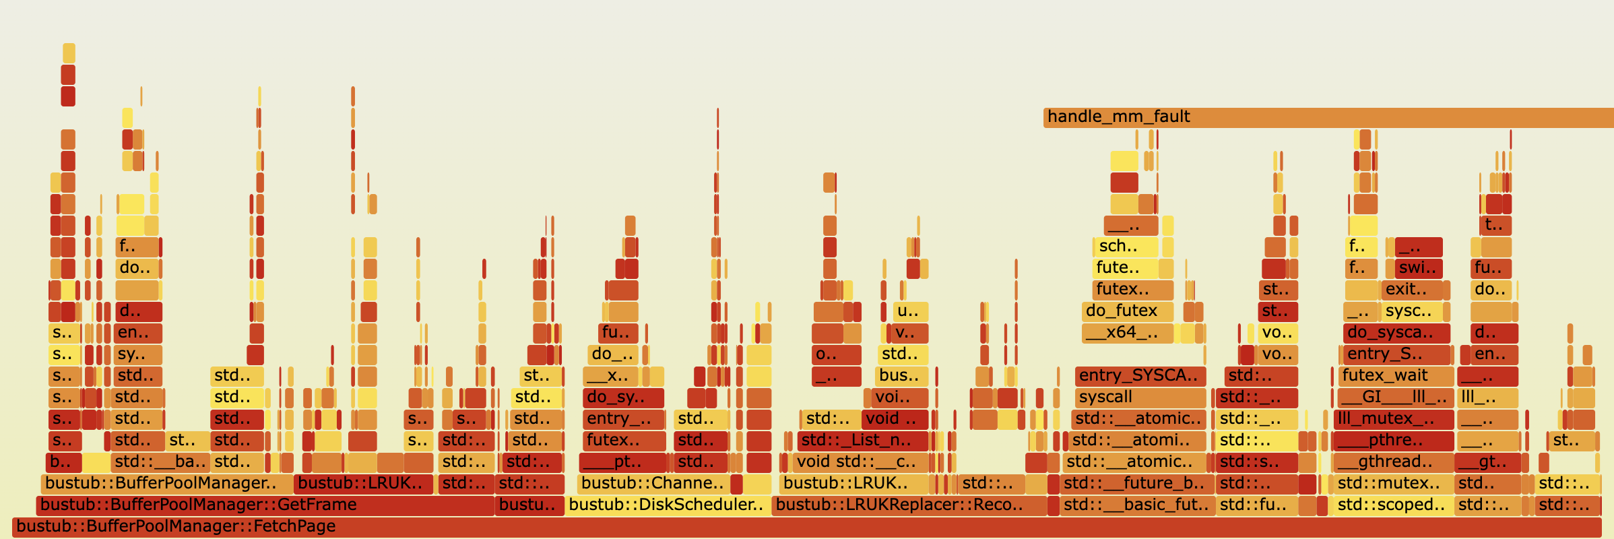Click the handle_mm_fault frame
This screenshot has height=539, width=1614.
pyautogui.click(x=1327, y=117)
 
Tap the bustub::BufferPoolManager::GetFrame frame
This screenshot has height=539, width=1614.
pyautogui.click(x=265, y=505)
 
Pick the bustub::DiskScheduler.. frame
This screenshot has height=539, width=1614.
pyautogui.click(x=667, y=505)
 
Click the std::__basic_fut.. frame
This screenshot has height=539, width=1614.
pyautogui.click(x=1137, y=505)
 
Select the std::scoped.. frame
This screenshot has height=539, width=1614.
pyautogui.click(x=1392, y=505)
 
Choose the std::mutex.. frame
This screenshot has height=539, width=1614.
pyautogui.click(x=1392, y=484)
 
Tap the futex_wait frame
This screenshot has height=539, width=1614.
pyautogui.click(x=1394, y=376)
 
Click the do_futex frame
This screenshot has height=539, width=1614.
pyautogui.click(x=1126, y=311)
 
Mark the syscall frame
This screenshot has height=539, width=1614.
pyautogui.click(x=1140, y=398)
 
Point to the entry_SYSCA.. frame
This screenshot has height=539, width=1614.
pyautogui.click(x=1140, y=376)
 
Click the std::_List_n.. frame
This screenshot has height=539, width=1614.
pyautogui.click(x=862, y=441)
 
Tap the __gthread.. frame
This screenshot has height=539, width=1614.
pyautogui.click(x=1392, y=462)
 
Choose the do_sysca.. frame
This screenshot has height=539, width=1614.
pyautogui.click(x=1396, y=333)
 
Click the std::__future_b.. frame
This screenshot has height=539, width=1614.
pyautogui.click(x=1137, y=484)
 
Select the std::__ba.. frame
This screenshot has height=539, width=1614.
pyautogui.click(x=160, y=462)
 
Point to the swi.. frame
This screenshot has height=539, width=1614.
pyautogui.click(x=1418, y=268)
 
